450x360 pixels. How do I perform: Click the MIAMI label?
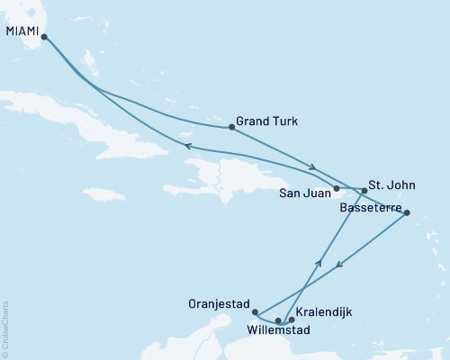[x=22, y=31]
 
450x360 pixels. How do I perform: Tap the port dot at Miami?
[x=43, y=38]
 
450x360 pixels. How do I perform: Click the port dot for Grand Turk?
[x=232, y=127]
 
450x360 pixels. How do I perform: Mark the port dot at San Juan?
[x=336, y=189]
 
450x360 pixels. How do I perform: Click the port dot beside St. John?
[x=364, y=190]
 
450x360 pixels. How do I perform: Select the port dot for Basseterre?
[x=407, y=213]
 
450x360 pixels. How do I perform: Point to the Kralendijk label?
[x=323, y=311]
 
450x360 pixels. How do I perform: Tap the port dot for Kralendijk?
[x=291, y=319]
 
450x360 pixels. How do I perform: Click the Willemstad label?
[x=278, y=330]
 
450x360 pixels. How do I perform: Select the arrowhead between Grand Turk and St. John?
[x=312, y=166]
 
